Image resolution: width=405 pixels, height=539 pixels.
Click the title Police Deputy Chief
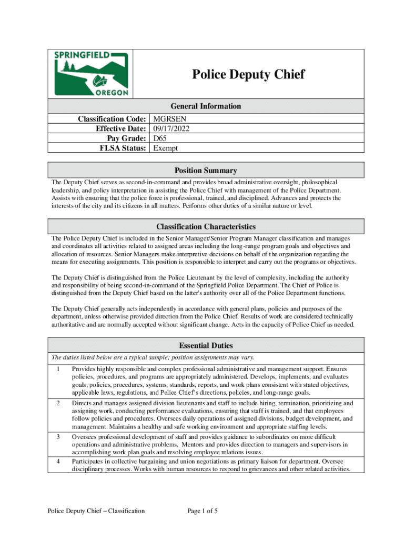coord(248,74)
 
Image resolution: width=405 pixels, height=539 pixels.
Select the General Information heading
coord(206,106)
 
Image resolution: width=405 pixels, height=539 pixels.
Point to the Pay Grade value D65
coord(161,138)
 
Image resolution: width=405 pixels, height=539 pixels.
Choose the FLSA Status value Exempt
coord(165,148)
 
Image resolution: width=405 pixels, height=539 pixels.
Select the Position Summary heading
coord(206,171)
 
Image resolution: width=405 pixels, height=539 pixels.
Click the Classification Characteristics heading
coord(206,227)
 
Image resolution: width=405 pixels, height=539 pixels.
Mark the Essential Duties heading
coord(206,345)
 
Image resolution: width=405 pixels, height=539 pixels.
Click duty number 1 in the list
coord(57,370)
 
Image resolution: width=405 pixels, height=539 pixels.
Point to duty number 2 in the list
coord(57,403)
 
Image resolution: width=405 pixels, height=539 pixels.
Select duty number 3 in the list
coord(57,437)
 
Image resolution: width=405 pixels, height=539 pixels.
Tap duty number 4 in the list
coord(57,461)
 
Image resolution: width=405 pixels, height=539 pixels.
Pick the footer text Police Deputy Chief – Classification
coord(96,511)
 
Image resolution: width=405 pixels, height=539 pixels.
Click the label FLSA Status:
coord(123,148)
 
